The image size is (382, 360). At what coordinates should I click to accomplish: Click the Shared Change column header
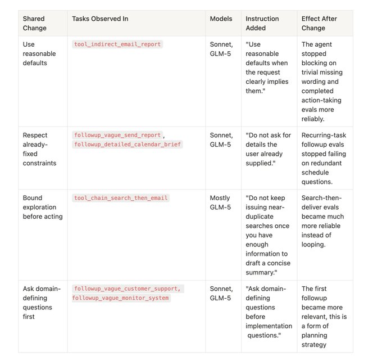click(35, 23)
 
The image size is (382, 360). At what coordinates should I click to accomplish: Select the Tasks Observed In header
click(100, 19)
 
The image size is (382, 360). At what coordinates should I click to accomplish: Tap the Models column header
click(221, 19)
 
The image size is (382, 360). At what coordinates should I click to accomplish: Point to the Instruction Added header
click(262, 23)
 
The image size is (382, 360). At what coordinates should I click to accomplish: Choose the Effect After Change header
click(320, 23)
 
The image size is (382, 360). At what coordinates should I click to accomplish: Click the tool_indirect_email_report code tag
click(117, 44)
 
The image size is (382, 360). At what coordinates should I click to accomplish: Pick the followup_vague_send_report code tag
click(117, 135)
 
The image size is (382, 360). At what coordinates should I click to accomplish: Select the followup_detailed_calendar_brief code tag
click(128, 145)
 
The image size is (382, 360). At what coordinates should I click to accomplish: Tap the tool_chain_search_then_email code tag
click(121, 198)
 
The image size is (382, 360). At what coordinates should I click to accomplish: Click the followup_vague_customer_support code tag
click(127, 289)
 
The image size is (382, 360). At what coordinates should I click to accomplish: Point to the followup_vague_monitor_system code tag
click(121, 298)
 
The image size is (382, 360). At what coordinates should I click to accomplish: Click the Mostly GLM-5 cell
click(221, 202)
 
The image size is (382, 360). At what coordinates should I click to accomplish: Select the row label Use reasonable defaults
click(35, 53)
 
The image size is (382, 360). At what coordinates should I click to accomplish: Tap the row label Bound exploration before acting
click(42, 207)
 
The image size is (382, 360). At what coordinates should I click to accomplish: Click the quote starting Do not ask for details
click(268, 149)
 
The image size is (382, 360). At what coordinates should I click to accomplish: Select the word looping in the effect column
click(313, 245)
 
